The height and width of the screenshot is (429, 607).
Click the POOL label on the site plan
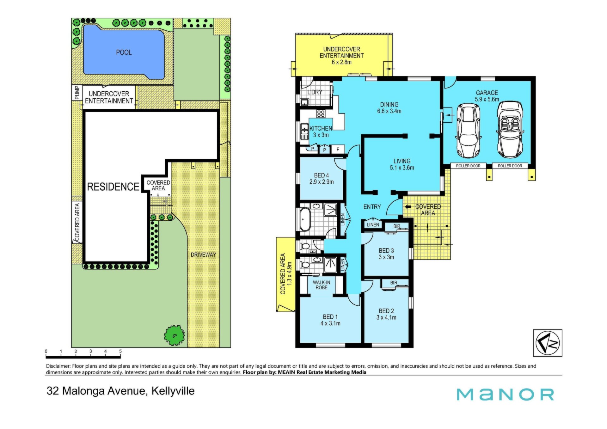coord(124,52)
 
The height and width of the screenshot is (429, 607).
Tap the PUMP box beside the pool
coord(77,93)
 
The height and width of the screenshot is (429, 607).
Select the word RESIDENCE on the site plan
coord(113,187)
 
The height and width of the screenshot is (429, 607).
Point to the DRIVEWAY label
coord(203,254)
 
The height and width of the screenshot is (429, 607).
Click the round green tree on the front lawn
coord(174,335)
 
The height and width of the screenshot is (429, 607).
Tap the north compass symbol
coord(548,343)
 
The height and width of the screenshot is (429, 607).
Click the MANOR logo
coord(505,395)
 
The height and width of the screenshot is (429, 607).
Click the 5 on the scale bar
coord(120,351)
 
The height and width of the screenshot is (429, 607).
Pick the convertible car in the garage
coord(510,130)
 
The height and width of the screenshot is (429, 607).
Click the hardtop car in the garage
coord(468,131)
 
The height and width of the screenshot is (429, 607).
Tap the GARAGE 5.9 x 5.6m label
coord(487,96)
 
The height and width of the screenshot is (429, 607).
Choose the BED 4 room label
coord(322,179)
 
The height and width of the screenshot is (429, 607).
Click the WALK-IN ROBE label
coord(322,285)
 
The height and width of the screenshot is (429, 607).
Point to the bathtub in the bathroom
coord(305,219)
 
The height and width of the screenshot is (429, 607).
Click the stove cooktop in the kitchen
coord(321,113)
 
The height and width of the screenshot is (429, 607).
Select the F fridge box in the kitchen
coord(338,149)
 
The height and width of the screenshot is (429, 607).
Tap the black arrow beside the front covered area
coord(408,206)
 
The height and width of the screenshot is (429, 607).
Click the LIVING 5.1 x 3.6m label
coord(402,164)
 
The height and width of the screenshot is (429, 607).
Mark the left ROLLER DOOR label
coord(468,166)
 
